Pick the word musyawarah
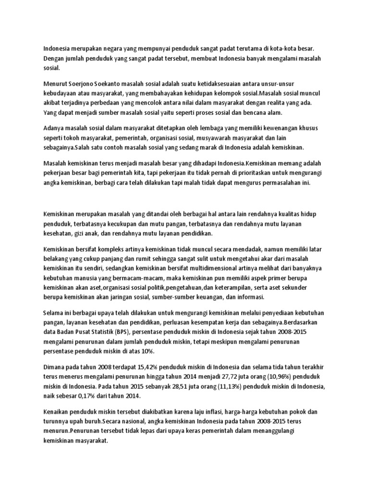point(237,138)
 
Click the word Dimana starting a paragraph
point(56,367)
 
